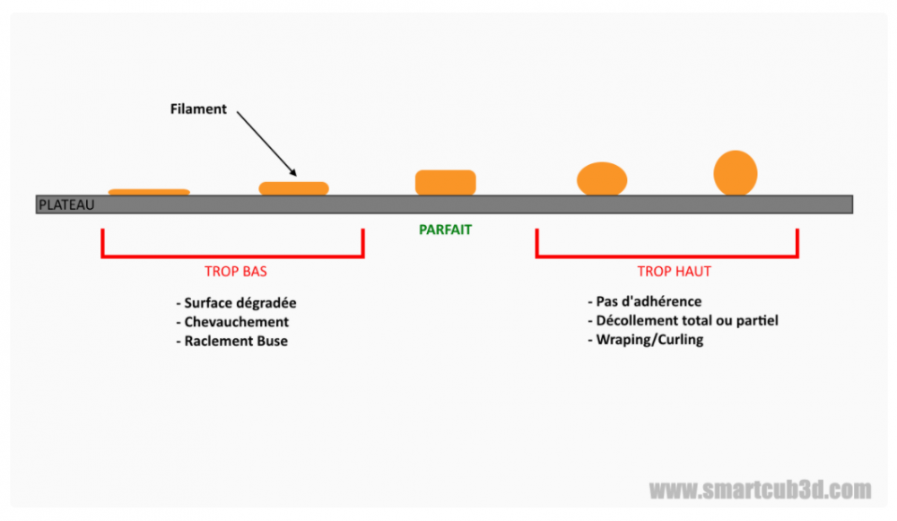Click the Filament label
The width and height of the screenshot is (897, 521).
198,109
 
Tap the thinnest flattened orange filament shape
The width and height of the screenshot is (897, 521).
149,191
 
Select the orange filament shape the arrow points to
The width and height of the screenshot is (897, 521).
294,188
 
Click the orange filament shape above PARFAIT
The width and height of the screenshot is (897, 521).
445,182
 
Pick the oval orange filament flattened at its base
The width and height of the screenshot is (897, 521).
601,178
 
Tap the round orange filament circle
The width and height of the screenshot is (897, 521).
736,173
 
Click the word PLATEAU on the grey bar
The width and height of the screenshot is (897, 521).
65,205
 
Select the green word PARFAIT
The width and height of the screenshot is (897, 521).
445,230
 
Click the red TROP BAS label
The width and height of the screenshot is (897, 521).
236,270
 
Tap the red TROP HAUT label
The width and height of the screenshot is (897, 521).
667,270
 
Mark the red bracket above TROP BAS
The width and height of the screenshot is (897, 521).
232,256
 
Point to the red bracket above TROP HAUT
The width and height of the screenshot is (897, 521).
666,256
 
